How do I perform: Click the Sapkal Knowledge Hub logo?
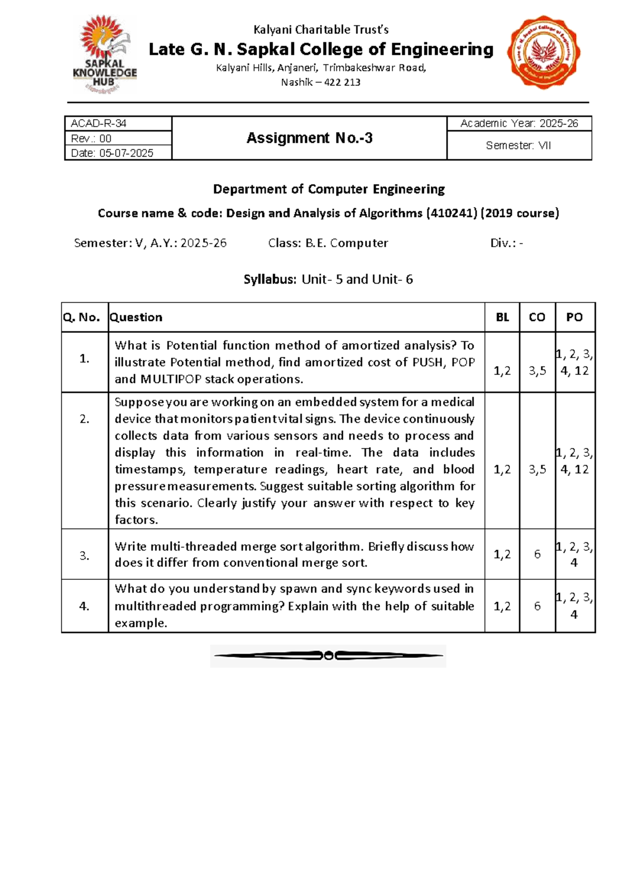tap(105, 55)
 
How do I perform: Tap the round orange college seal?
tap(544, 52)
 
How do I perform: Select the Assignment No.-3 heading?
tap(309, 138)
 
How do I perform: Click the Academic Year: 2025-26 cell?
tap(519, 123)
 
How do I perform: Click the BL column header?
tap(502, 317)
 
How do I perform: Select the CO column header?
tap(537, 317)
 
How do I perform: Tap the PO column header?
tap(574, 317)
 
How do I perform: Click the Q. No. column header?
tap(82, 317)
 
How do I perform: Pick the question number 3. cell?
tap(84, 555)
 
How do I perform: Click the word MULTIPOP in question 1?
tap(171, 379)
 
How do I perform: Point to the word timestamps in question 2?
tap(149, 469)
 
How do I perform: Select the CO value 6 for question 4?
tap(537, 606)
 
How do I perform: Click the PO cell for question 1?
tap(574, 362)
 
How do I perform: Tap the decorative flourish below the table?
tap(328, 656)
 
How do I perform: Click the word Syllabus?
tap(270, 279)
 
